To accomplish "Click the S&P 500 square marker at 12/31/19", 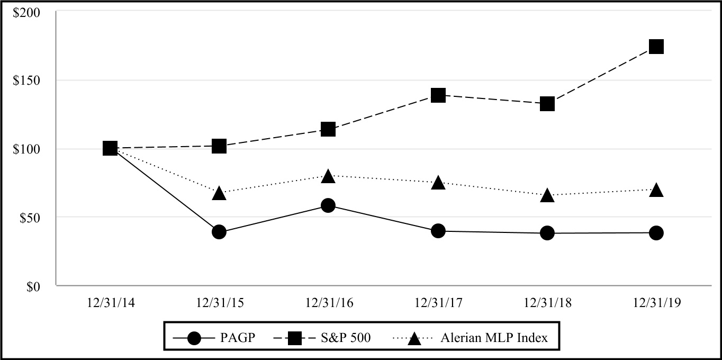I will tap(656, 47).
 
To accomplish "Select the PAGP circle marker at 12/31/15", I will tap(219, 232).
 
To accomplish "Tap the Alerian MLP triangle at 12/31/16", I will tap(328, 176).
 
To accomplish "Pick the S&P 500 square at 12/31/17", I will tap(438, 95).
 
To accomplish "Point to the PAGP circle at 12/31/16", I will tap(328, 205).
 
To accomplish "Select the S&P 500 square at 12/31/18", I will tap(547, 104).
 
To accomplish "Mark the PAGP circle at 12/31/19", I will tap(656, 232).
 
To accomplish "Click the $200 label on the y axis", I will tap(27, 12).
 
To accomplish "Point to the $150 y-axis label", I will tap(27, 80).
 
